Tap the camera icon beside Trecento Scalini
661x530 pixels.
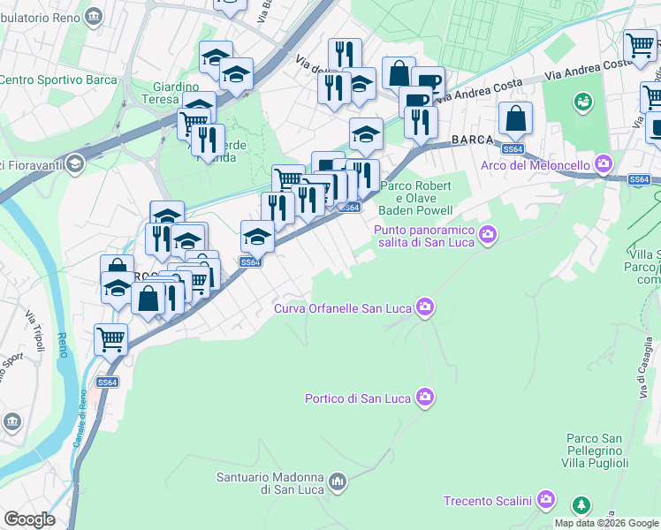coord(546,501)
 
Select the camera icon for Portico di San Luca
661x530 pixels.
coord(426,397)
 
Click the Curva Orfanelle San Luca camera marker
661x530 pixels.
coord(426,307)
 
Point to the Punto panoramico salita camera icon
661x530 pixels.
coord(488,233)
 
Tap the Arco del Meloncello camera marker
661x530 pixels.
coord(604,163)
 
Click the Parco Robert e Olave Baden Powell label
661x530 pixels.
coord(415,198)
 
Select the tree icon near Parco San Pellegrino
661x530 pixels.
coord(581,506)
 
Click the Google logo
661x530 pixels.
coord(29,519)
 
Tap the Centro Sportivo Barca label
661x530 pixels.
coord(58,79)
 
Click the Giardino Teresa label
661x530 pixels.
coord(177,93)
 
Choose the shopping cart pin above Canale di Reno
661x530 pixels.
coord(110,338)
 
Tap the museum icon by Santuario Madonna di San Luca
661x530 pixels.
coord(337,482)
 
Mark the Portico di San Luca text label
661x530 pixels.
coord(357,398)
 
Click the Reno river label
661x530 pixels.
coord(62,340)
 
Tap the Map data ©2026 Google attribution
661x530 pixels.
coord(607,523)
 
